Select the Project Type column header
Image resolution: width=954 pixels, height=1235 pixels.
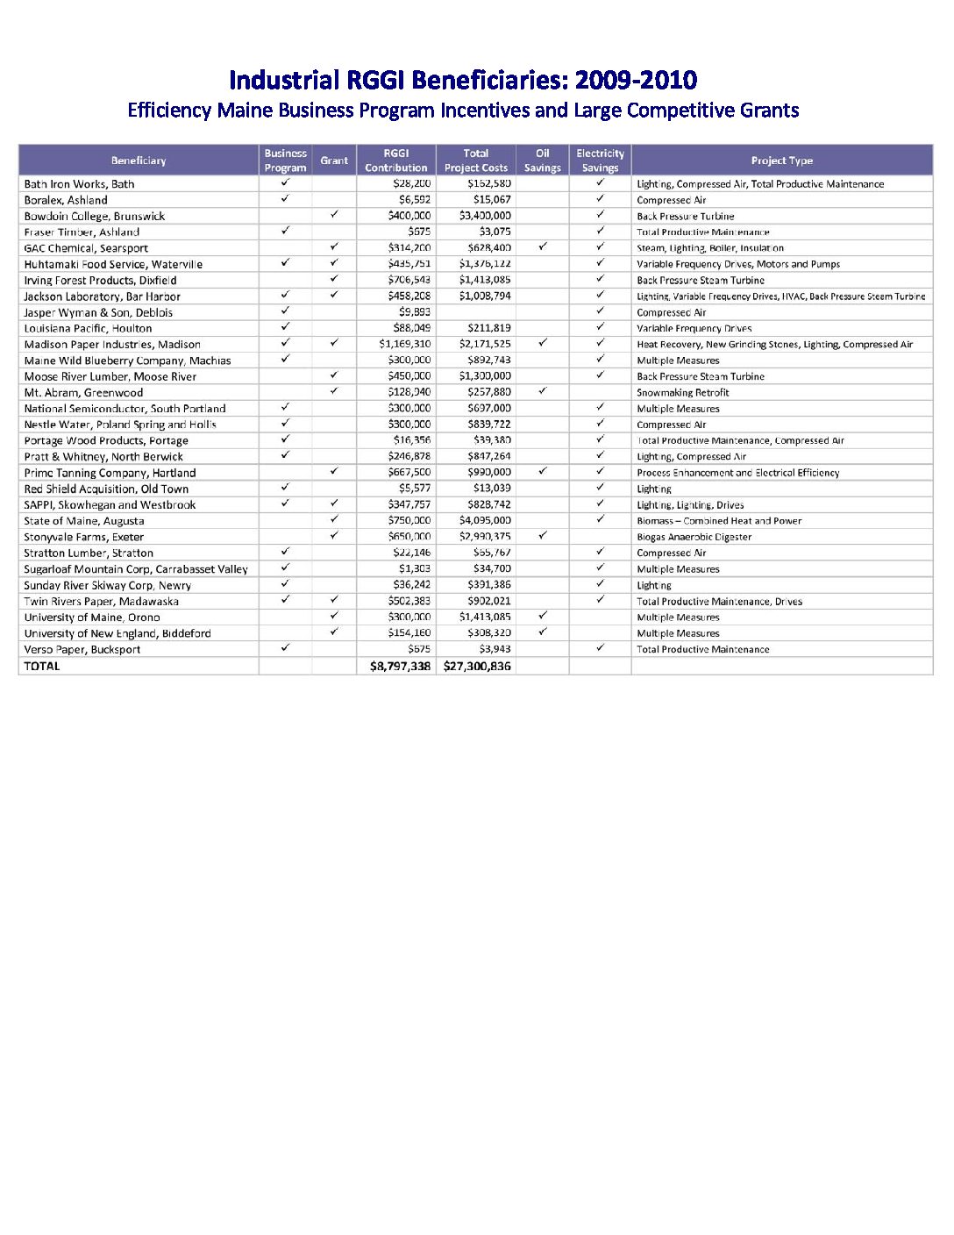(x=781, y=161)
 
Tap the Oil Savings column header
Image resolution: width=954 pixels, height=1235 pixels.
(x=542, y=161)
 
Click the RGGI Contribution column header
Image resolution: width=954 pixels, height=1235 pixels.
(x=395, y=161)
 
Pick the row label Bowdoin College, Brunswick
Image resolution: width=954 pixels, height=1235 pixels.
(x=95, y=216)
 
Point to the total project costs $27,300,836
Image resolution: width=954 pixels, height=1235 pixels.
(x=477, y=667)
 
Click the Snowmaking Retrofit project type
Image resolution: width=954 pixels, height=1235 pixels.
(x=682, y=392)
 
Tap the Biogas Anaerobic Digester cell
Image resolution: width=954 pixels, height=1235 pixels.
(x=694, y=537)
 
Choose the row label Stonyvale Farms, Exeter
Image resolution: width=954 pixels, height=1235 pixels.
(x=84, y=537)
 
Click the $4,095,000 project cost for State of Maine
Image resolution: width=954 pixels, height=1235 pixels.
(x=485, y=520)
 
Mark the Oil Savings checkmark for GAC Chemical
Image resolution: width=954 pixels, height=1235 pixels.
(x=543, y=247)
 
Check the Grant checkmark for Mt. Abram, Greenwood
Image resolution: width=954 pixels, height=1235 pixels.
(x=334, y=391)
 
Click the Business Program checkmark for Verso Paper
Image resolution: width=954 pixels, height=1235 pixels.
(x=285, y=648)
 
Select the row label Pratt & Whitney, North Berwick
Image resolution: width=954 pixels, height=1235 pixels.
(x=103, y=456)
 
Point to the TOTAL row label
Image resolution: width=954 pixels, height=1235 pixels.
(x=42, y=667)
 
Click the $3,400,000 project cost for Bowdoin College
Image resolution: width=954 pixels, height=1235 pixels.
(x=485, y=216)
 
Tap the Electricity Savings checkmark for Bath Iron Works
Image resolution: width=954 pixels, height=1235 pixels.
(x=600, y=183)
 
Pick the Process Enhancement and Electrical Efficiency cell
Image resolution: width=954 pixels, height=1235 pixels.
(x=737, y=473)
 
